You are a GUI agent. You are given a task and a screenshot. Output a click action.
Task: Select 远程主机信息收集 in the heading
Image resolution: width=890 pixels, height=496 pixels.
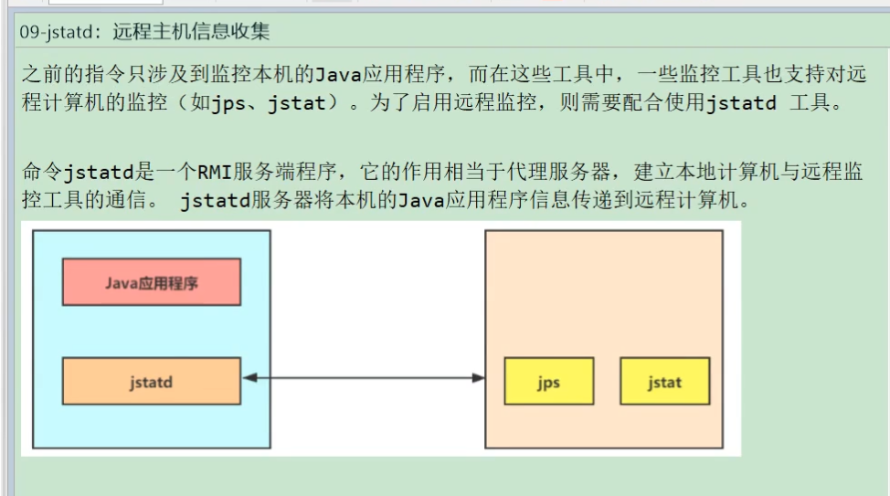pos(191,33)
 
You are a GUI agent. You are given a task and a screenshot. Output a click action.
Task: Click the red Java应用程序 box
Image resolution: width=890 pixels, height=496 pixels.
pos(151,282)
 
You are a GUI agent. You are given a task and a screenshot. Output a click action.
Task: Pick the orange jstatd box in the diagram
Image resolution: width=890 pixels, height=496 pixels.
pos(151,381)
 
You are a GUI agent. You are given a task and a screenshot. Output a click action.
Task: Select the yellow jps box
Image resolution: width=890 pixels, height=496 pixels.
pos(548,381)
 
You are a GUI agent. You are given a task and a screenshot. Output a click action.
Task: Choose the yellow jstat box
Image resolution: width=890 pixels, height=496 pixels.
pos(664,381)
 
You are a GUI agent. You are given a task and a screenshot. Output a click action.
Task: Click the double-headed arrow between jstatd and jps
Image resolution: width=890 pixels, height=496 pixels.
pos(363,377)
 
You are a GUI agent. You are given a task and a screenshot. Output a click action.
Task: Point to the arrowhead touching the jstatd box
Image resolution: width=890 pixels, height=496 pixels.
pos(249,377)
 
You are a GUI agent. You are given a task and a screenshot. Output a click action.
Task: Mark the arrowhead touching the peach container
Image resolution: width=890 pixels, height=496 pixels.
pos(478,377)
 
